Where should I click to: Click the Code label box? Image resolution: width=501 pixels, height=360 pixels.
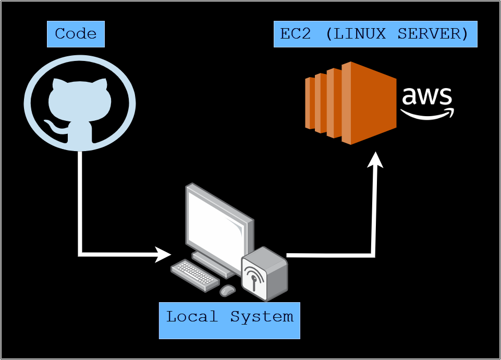point(76,34)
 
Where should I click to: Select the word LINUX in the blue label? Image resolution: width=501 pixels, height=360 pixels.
point(360,34)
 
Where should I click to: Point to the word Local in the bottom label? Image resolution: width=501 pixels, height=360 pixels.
point(192,317)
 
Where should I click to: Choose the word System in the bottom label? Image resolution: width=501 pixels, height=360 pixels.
point(262,317)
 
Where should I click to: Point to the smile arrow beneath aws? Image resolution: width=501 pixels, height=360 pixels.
point(427,113)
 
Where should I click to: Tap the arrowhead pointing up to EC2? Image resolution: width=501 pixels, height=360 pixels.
point(375,159)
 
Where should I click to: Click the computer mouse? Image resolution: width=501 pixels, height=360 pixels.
point(227,290)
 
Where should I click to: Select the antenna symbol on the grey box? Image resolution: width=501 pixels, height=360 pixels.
point(254,278)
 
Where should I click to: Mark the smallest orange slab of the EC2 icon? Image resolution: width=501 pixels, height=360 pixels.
point(310,103)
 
